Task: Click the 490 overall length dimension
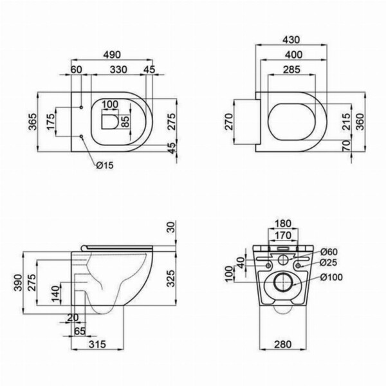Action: coord(112,55)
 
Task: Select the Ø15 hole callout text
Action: coord(105,165)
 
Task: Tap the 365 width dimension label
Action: coord(32,122)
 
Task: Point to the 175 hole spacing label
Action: coord(50,122)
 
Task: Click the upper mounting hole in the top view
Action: coord(81,107)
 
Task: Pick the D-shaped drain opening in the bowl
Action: coord(110,122)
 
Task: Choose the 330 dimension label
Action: coord(118,69)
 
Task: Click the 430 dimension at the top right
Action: coord(291,40)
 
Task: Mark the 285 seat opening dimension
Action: coord(291,69)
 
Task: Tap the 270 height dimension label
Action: coord(228,122)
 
